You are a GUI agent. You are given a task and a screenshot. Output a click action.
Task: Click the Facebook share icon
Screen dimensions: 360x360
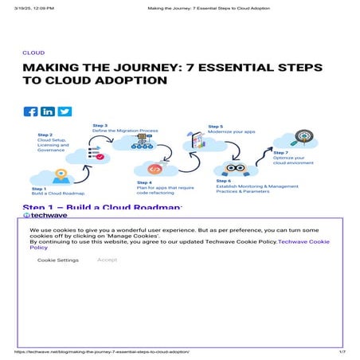point(31,112)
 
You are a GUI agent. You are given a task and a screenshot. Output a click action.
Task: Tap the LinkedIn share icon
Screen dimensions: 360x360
point(48,112)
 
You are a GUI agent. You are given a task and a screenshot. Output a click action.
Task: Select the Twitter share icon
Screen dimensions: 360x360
point(65,112)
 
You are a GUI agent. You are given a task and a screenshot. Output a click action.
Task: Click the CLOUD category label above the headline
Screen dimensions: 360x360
point(33,53)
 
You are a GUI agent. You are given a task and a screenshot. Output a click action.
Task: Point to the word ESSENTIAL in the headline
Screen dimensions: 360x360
point(240,68)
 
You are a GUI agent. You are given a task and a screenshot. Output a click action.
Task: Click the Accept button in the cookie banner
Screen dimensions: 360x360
point(107,260)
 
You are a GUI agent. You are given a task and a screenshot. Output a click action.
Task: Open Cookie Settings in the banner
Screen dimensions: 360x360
point(58,260)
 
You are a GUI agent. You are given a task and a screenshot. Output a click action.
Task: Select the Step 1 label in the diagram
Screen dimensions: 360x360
point(41,189)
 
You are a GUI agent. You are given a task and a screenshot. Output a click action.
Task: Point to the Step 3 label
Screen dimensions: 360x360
point(100,125)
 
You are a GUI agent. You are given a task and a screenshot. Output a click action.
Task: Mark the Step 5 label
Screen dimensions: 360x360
point(216,126)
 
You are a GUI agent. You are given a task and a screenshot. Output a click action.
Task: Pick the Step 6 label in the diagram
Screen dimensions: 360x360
point(224,181)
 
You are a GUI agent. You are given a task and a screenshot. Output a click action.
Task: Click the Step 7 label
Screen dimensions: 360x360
point(280,152)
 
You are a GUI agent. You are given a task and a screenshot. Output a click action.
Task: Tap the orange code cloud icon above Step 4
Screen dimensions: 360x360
point(155,169)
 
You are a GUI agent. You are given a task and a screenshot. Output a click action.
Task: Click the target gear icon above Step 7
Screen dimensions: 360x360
point(303,137)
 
